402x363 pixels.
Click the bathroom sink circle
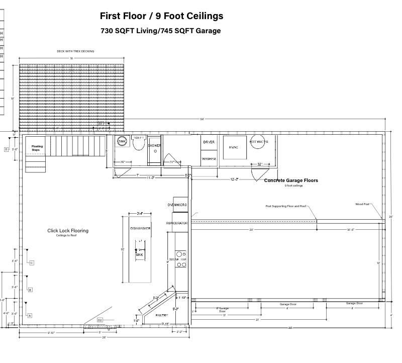click(122, 141)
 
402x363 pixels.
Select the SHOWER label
click(154, 145)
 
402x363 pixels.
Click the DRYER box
click(209, 142)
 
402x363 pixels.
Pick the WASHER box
click(209, 158)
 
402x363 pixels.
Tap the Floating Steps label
click(37, 148)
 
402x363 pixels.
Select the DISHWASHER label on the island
click(140, 229)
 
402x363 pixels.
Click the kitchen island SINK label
click(140, 255)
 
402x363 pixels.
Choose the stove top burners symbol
click(181, 259)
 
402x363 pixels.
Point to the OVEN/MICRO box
click(177, 205)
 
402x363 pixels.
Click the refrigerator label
click(177, 223)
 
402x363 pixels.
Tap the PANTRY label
click(162, 315)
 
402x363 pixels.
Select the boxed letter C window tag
click(31, 263)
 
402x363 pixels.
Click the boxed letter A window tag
click(30, 316)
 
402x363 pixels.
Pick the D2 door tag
click(99, 320)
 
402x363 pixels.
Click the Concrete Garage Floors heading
click(291, 180)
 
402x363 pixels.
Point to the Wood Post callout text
click(362, 204)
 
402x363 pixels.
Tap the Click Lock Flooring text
click(68, 231)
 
